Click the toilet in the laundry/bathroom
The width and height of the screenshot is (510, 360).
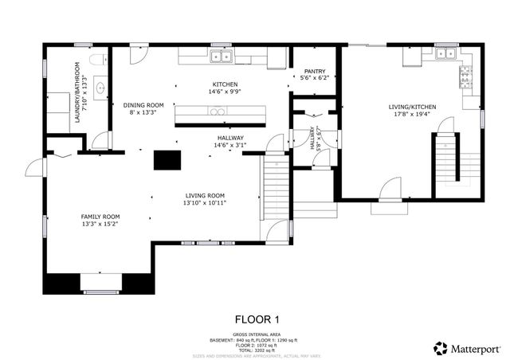[97, 59]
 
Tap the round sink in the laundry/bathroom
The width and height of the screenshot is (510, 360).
[100, 88]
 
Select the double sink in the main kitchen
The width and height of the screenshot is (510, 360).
[221, 56]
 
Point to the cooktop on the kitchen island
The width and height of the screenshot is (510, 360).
[218, 111]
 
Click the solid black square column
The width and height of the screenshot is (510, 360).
[167, 158]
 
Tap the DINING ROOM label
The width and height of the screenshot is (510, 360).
[143, 105]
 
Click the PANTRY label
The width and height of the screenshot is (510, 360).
[314, 71]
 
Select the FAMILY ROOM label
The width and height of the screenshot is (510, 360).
[100, 217]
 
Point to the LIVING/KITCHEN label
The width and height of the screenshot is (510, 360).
[412, 106]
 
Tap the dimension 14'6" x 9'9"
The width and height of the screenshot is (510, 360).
[225, 92]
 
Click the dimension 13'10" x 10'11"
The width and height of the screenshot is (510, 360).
[206, 203]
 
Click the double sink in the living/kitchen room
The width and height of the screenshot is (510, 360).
[445, 53]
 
